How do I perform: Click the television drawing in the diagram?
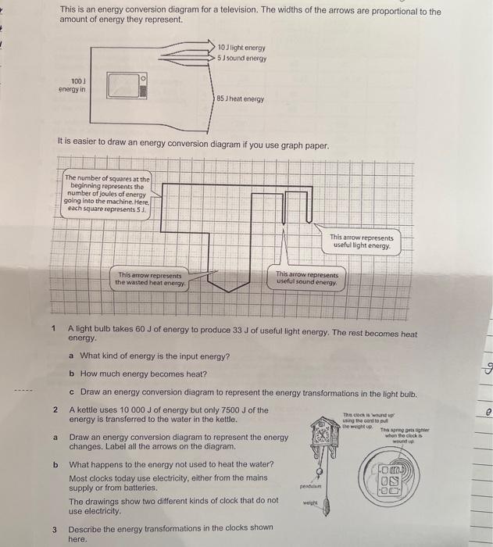tap(125, 84)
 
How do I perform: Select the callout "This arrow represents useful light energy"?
tap(362, 241)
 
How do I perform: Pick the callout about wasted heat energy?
tap(150, 279)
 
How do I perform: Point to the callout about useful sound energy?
tap(306, 279)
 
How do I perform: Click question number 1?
tap(54, 328)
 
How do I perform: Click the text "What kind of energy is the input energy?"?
tap(155, 356)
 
